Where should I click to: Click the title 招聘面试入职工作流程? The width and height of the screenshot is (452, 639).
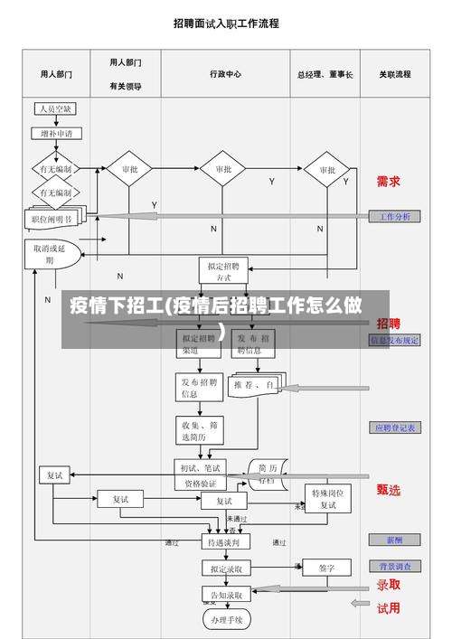click(x=225, y=23)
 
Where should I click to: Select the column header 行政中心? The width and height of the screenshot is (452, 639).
click(x=225, y=74)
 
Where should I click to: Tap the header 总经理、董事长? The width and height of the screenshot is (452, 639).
click(x=325, y=74)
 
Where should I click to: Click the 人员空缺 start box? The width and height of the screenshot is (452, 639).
click(x=55, y=109)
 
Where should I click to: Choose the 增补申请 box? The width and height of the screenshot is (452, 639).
click(x=56, y=133)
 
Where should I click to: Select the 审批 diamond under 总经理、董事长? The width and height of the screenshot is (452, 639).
click(x=326, y=170)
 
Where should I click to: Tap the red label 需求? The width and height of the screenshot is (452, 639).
click(x=389, y=181)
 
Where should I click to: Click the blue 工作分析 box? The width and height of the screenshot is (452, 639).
click(x=394, y=217)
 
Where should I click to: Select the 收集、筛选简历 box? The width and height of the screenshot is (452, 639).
click(x=199, y=430)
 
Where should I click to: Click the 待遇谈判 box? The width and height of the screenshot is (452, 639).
click(x=222, y=543)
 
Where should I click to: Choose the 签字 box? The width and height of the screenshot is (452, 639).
click(x=326, y=568)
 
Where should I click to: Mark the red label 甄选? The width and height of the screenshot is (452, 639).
click(x=389, y=489)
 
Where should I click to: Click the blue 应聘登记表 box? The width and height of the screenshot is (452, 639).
click(x=394, y=428)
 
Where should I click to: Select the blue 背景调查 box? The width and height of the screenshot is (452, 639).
click(x=394, y=566)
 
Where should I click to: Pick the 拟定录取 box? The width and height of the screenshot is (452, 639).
click(x=221, y=569)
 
